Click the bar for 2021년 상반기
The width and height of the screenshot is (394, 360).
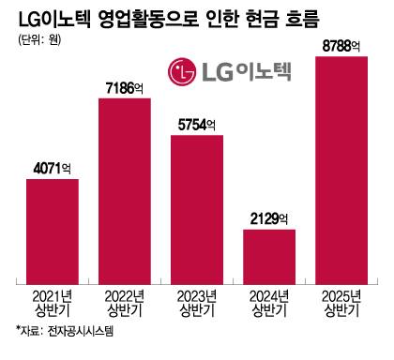52,231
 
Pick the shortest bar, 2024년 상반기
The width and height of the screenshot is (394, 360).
269,256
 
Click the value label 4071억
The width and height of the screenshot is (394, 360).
52,170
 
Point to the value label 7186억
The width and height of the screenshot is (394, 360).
125,88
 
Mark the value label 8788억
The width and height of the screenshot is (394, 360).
341,45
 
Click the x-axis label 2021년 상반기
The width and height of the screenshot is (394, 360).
52,303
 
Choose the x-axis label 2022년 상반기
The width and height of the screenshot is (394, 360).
125,303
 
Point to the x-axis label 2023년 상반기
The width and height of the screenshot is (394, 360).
197,303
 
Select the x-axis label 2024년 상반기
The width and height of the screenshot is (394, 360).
269,303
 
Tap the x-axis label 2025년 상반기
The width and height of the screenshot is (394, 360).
341,303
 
